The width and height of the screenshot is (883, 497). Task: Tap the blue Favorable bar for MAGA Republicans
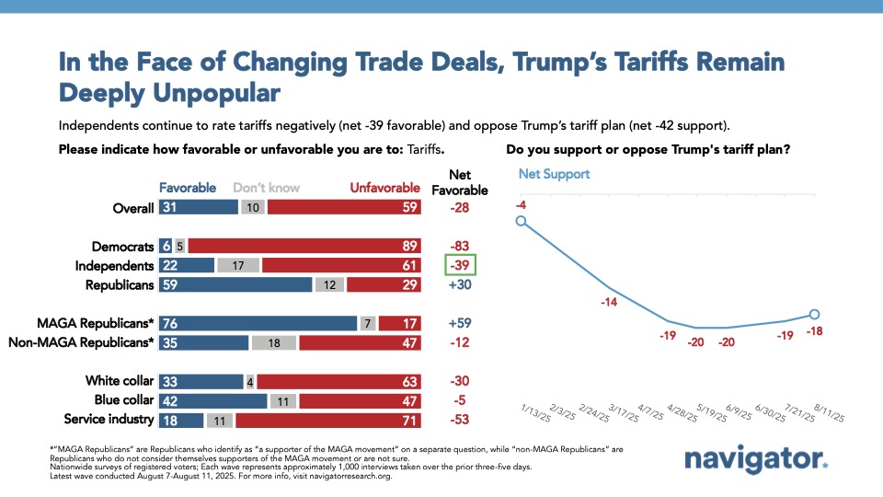pos(258,324)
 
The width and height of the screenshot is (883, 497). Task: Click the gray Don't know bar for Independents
pos(238,266)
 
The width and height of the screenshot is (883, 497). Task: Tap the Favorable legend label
pos(188,188)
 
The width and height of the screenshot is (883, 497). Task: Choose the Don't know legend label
pos(266,188)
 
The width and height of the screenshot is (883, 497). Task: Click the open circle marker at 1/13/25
pos(522,221)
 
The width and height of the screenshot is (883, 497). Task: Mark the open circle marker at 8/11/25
pos(815,315)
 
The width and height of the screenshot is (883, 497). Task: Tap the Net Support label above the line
pos(554,174)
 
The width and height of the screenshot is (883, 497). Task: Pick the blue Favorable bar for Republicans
pos(235,285)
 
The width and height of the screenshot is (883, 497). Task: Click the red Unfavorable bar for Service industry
pos(313,421)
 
